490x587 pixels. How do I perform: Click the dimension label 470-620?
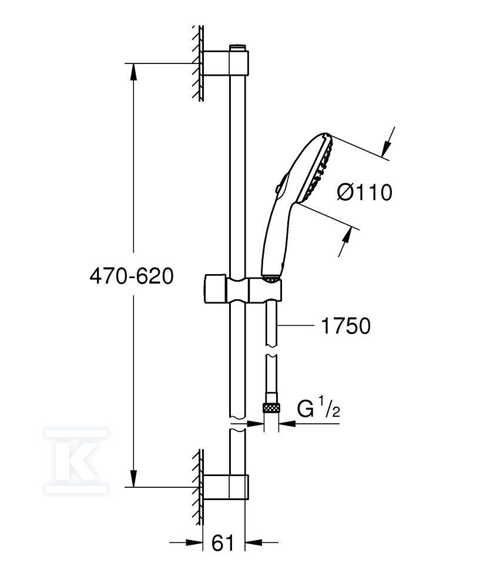[x=132, y=276]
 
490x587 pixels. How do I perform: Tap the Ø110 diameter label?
[x=364, y=193]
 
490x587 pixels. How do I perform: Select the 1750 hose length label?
[x=346, y=325]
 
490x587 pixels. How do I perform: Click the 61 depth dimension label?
[x=223, y=542]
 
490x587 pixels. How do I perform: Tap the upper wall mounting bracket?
[x=226, y=63]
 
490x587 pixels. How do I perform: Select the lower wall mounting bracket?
[x=226, y=487]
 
